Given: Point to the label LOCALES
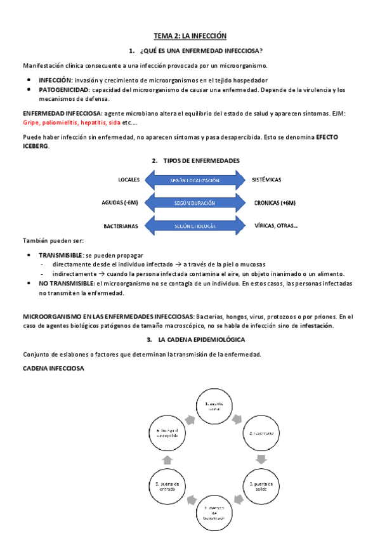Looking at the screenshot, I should click(129, 180).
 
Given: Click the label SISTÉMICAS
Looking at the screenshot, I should click(266, 180).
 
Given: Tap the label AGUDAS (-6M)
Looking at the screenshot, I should click(120, 203).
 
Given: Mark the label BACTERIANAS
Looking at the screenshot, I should click(121, 226).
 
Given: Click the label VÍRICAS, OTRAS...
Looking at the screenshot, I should click(276, 225).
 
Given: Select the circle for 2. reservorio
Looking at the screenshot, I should click(261, 433).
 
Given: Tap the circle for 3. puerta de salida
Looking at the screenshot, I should click(261, 486).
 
